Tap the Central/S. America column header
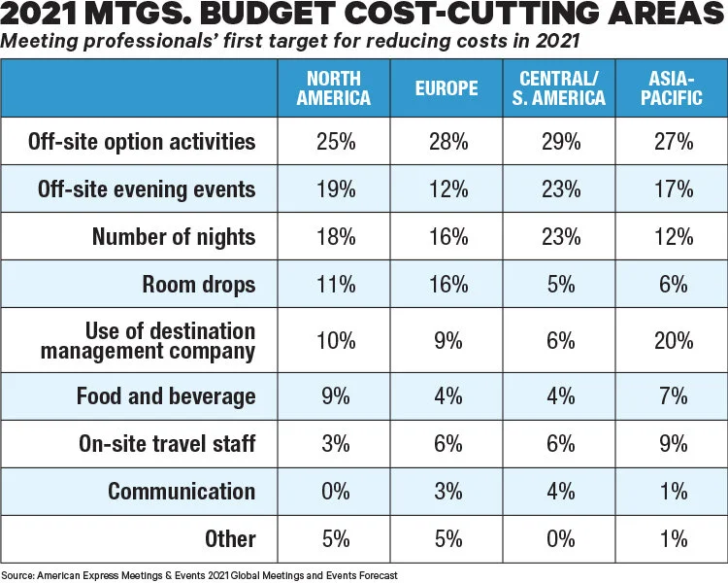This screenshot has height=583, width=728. (562, 88)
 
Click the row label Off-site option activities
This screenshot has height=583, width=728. (169, 142)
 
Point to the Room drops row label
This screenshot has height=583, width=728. (199, 286)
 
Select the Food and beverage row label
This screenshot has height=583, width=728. (166, 396)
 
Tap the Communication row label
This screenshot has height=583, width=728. (182, 491)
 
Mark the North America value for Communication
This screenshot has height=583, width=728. (334, 491)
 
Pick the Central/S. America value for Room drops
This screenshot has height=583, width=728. (562, 286)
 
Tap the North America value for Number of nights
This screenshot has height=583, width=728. (334, 237)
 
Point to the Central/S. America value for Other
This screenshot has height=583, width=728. (562, 538)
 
